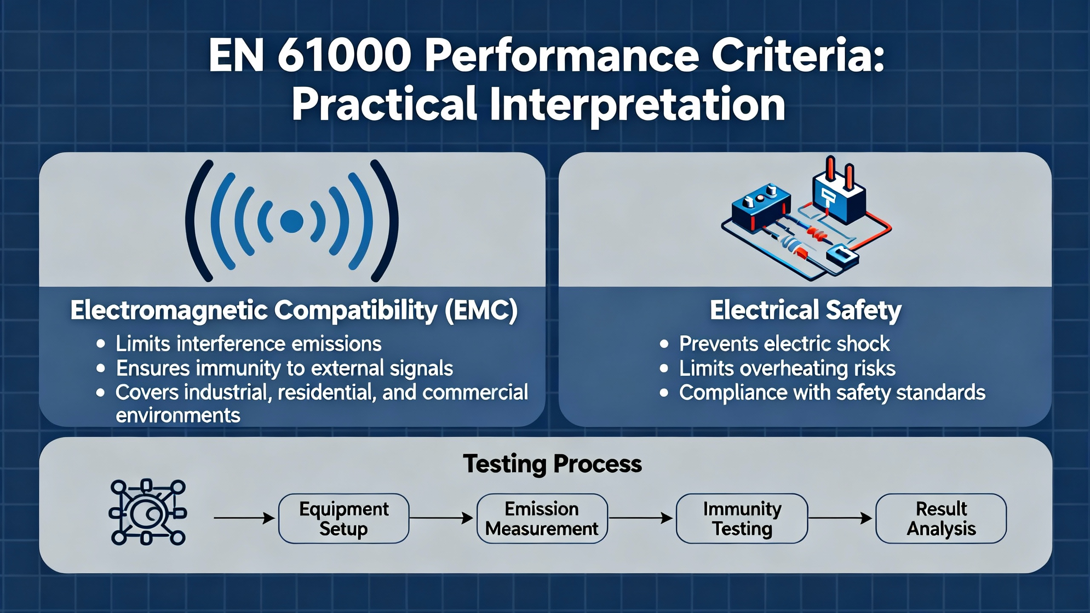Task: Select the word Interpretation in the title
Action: (x=637, y=105)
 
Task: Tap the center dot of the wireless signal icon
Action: (x=292, y=221)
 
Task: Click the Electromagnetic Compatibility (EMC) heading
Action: (x=294, y=310)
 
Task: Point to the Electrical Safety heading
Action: (x=806, y=310)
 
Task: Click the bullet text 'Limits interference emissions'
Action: (x=249, y=344)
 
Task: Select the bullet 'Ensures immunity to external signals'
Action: (x=284, y=369)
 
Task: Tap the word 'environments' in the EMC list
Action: (x=178, y=415)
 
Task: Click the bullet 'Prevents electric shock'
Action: (x=784, y=344)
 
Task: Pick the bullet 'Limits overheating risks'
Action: (x=787, y=369)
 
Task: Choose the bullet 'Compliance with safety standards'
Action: (x=832, y=392)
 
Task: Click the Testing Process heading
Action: (x=552, y=464)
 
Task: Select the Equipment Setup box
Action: (x=344, y=518)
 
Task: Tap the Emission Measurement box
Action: (x=542, y=518)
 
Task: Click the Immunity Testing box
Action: (x=742, y=518)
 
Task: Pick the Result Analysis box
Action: (x=941, y=518)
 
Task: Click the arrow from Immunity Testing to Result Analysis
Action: (x=840, y=518)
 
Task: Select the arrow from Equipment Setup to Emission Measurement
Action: (x=442, y=518)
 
